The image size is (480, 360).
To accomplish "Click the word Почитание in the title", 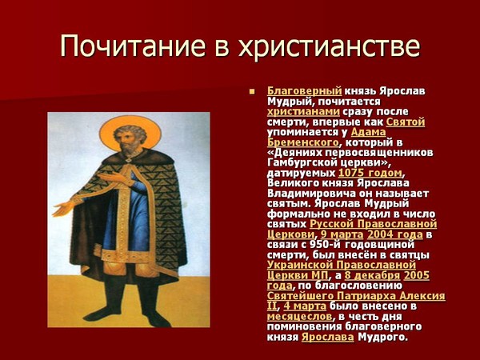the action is click(x=133, y=46).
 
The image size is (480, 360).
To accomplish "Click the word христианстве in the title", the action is click(x=330, y=46).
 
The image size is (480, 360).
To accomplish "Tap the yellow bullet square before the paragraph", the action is click(x=252, y=91).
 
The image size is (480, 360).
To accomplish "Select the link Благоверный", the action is click(x=304, y=91).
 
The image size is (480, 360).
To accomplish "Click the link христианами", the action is click(x=303, y=111).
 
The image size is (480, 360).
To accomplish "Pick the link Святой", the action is click(x=406, y=122).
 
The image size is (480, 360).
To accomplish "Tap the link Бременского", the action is click(x=303, y=142).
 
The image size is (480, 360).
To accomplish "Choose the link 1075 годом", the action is click(x=370, y=173).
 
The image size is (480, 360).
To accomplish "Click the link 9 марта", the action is click(x=342, y=234).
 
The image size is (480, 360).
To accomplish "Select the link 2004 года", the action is click(x=395, y=234).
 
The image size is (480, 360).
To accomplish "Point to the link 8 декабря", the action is click(x=372, y=275).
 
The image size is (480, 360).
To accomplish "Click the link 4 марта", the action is click(x=305, y=306).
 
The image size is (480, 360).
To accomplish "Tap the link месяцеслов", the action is click(x=299, y=316).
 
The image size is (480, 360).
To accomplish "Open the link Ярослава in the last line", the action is click(x=327, y=337).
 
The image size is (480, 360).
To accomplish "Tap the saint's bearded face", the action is click(x=128, y=140).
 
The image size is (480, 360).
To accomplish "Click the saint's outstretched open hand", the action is click(x=63, y=209).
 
